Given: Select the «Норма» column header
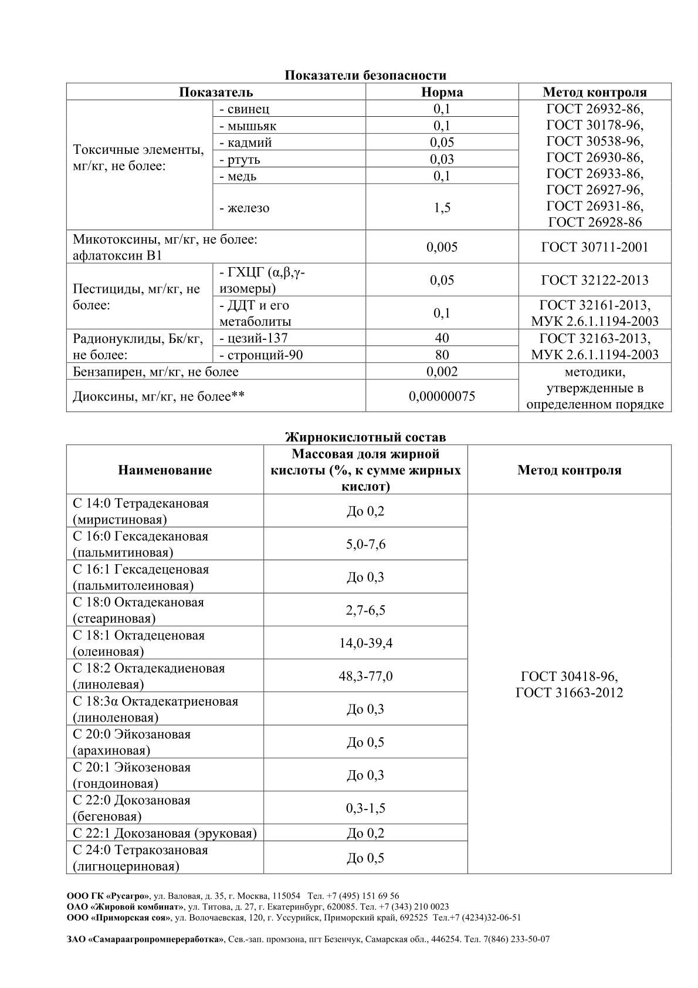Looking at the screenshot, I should (442, 92).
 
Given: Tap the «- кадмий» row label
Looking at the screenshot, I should (245, 143).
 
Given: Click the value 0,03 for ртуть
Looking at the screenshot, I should (442, 160).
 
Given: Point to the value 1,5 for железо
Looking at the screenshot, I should (442, 208).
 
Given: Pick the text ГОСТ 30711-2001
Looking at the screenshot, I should (594, 247).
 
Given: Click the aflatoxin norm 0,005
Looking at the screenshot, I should (442, 247).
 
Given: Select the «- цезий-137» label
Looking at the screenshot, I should (253, 338).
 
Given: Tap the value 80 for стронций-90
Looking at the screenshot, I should (442, 355).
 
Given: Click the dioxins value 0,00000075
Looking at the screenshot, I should (442, 396).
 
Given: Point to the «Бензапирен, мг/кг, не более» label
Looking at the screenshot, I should (155, 372).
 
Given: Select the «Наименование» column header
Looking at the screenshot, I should (165, 470).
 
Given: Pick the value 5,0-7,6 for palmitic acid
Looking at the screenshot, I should (365, 544).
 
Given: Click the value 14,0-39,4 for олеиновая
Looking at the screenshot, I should (365, 643).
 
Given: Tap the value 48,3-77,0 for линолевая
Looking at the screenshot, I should (365, 676).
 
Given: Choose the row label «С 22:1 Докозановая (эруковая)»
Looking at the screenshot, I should (165, 834).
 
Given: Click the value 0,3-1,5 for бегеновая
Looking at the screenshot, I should (365, 808).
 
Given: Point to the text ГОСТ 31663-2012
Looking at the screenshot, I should (569, 693).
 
